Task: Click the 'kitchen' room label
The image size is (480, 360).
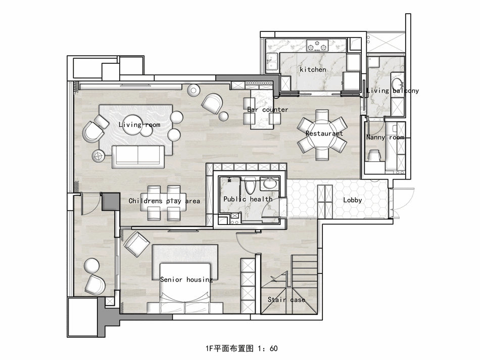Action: (x=313, y=69)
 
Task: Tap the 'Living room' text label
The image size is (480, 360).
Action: (x=139, y=124)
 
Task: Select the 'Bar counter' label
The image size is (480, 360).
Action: (x=268, y=110)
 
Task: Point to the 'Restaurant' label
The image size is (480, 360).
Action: (x=324, y=133)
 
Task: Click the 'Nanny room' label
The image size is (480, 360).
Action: (x=385, y=137)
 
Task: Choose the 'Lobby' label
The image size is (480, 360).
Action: (x=353, y=200)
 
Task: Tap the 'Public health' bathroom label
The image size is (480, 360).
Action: (x=248, y=199)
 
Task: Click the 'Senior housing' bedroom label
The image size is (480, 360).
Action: (x=186, y=280)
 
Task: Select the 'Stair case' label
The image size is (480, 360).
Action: (x=286, y=300)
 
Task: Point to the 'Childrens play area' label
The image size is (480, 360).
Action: (x=164, y=201)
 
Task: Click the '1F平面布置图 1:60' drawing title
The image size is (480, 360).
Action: (x=239, y=348)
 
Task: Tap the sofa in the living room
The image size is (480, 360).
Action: (x=138, y=156)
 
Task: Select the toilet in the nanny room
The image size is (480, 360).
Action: (x=374, y=156)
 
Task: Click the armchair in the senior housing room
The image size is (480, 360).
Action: (x=135, y=243)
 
